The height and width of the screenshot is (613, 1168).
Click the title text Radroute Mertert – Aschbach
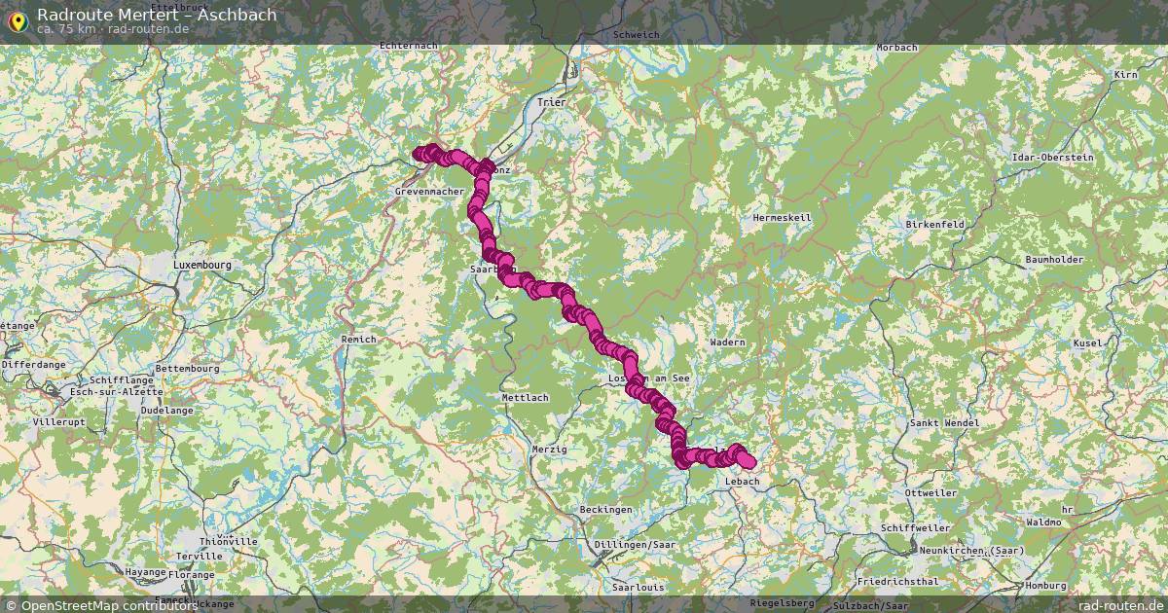point(157,15)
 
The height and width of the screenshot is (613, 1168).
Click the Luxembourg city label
point(202,265)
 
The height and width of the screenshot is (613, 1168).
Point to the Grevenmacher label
point(429,192)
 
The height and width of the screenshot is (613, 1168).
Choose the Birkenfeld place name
point(934,224)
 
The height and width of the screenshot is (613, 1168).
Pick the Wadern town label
point(727,343)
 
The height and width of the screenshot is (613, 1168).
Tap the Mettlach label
point(525,398)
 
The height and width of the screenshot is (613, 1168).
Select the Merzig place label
point(550,448)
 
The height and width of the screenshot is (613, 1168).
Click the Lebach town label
point(743,481)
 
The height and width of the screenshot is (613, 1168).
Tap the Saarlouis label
point(639,588)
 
